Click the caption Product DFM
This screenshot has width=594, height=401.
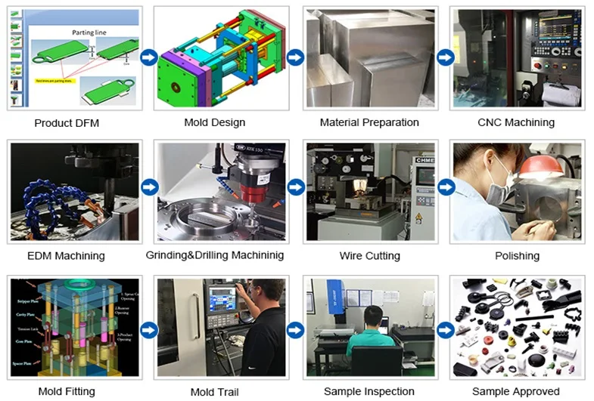point(67,122)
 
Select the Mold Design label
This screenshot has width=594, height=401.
point(215,122)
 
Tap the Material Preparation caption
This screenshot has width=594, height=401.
point(369,122)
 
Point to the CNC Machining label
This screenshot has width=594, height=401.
point(516,122)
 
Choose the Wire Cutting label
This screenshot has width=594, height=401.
point(369,256)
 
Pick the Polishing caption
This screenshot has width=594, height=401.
point(517,256)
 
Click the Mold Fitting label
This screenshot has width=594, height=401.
point(67,391)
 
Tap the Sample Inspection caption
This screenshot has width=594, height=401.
point(369,391)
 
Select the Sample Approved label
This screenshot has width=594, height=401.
point(516,391)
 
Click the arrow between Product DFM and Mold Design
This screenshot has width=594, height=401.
point(149,57)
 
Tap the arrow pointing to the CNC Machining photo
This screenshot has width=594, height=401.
point(446,57)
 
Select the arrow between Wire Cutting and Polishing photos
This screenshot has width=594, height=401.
point(446,188)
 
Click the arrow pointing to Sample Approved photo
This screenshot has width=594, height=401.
point(446,330)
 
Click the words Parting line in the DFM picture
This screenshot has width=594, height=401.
point(89,32)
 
